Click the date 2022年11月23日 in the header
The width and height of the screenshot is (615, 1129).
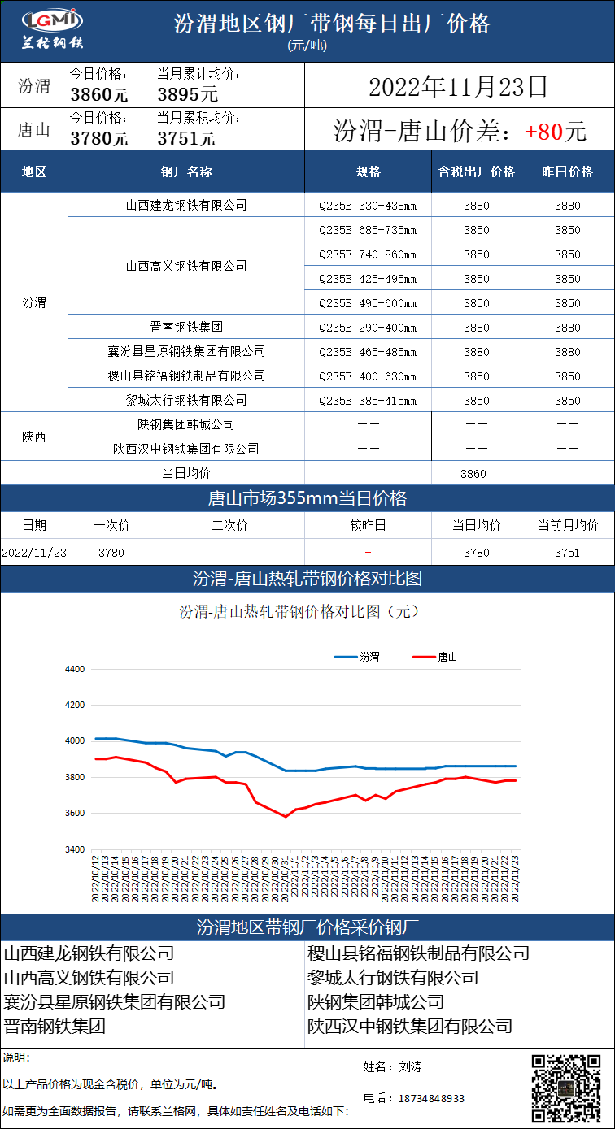click(x=458, y=87)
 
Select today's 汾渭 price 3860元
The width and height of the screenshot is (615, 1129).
click(x=99, y=94)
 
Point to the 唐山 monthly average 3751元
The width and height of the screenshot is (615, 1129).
click(x=186, y=138)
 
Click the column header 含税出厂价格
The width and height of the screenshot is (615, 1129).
click(x=477, y=172)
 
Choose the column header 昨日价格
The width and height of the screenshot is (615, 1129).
click(x=568, y=172)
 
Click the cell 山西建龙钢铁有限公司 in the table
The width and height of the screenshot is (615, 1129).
click(x=186, y=206)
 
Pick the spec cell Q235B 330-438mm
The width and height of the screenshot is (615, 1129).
click(x=368, y=206)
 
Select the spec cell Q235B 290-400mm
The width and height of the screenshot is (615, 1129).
click(x=368, y=328)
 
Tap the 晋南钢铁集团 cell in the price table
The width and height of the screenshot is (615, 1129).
click(x=186, y=328)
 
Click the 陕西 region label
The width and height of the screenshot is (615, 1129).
click(x=34, y=436)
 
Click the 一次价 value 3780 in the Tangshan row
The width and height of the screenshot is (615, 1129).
click(x=111, y=553)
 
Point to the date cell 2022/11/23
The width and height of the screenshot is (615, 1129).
click(x=34, y=553)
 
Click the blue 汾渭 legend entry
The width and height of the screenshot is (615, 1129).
click(x=357, y=657)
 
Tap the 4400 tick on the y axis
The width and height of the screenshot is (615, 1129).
click(x=74, y=669)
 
